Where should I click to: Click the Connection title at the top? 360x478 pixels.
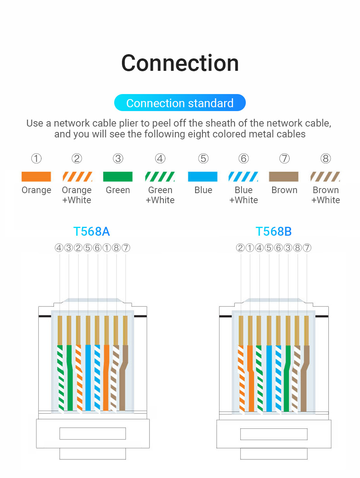click(180, 63)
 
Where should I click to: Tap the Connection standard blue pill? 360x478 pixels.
click(180, 103)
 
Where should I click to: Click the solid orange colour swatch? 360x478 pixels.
click(36, 176)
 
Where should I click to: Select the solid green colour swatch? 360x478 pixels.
click(118, 176)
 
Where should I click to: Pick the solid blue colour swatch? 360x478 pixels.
click(202, 176)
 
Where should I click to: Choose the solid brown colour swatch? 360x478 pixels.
click(284, 176)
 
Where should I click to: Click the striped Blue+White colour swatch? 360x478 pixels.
click(243, 176)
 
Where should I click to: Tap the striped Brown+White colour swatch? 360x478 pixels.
click(325, 176)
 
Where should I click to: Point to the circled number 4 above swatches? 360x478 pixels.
click(160, 159)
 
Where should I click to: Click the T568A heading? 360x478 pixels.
click(92, 231)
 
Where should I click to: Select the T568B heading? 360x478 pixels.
click(274, 231)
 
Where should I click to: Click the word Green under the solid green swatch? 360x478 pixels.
click(118, 190)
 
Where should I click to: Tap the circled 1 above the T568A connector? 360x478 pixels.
click(107, 248)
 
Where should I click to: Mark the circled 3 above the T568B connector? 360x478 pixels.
click(288, 248)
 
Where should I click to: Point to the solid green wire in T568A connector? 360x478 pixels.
click(70, 387)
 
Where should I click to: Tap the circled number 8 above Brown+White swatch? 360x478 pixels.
click(326, 159)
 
